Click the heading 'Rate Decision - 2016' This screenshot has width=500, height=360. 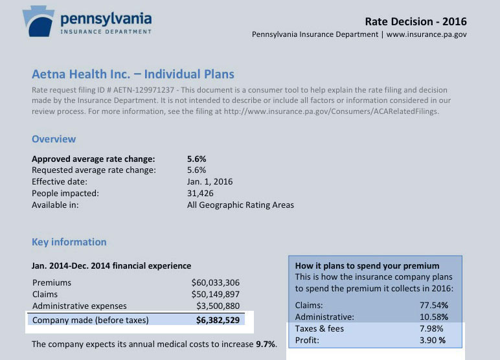click(420, 21)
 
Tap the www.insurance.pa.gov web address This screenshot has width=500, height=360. click(427, 35)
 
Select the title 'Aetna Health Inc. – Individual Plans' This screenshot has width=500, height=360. click(133, 74)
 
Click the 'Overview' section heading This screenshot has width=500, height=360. click(54, 139)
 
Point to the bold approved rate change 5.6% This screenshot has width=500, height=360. click(196, 159)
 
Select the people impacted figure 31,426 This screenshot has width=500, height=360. click(200, 194)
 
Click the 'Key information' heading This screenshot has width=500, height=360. click(69, 242)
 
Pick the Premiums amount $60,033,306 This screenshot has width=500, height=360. click(216, 283)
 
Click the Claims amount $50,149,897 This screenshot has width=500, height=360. click(216, 295)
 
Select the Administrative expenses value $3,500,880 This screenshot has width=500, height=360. click(218, 306)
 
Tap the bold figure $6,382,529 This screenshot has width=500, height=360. click(218, 320)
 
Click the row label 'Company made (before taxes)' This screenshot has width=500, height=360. click(91, 320)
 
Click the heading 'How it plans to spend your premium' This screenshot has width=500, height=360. click(367, 265)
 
